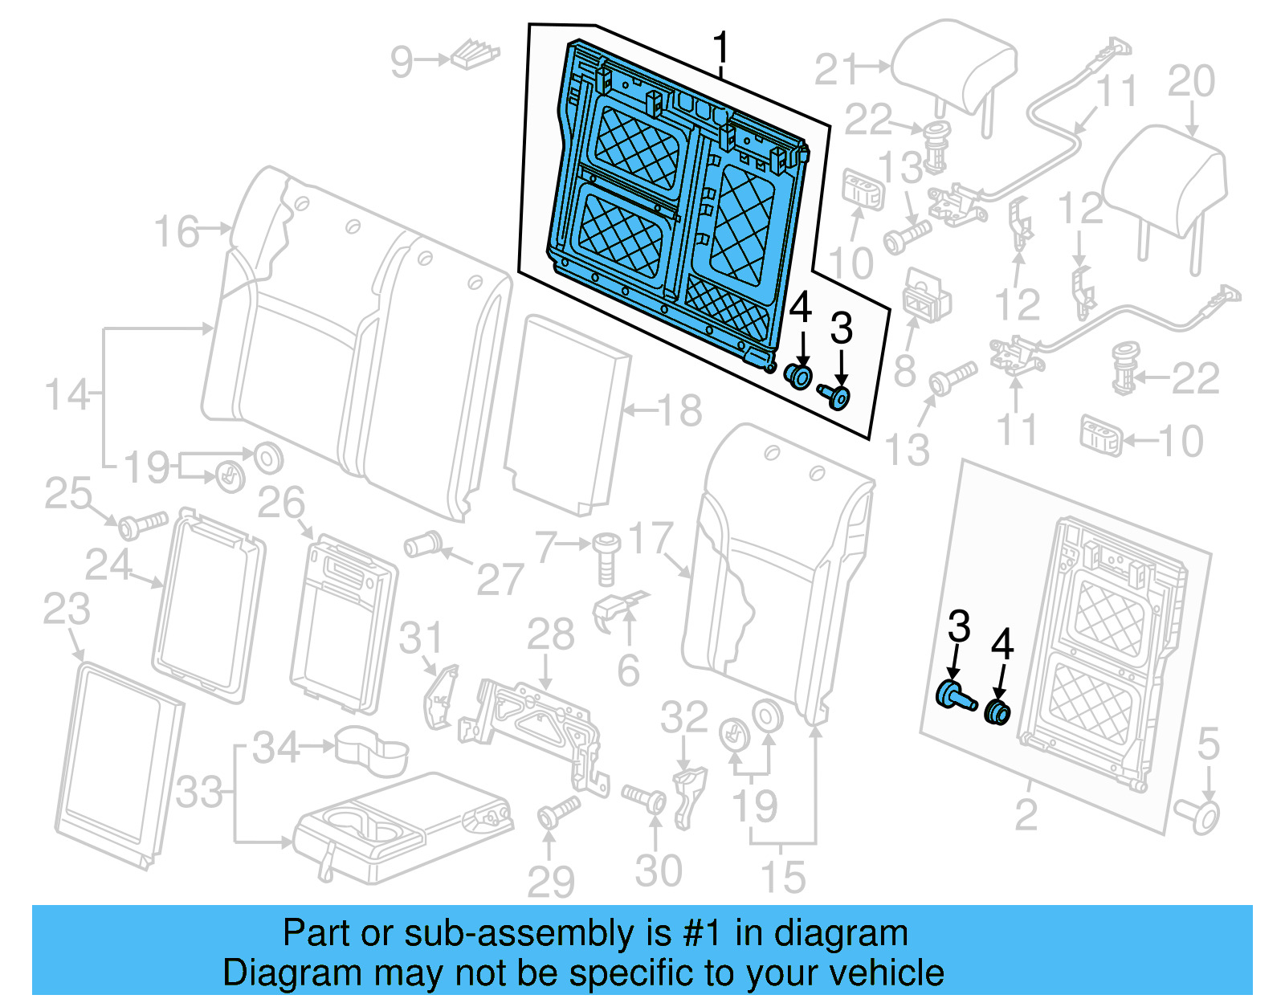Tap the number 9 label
(402, 62)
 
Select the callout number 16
(177, 231)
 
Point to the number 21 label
(835, 70)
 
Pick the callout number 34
(276, 748)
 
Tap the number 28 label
(551, 634)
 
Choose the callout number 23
(66, 609)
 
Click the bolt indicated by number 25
(143, 525)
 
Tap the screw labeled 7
(606, 559)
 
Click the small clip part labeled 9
(475, 55)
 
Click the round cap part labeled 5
(1197, 817)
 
